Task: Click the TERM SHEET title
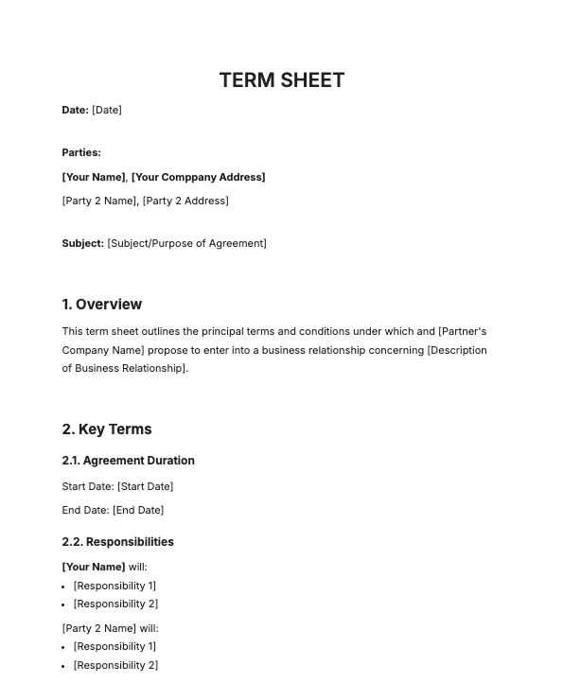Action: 281,80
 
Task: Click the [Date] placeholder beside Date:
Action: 107,111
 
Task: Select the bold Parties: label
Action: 81,152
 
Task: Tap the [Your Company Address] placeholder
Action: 198,177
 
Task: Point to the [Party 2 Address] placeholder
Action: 185,201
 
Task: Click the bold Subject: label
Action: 82,243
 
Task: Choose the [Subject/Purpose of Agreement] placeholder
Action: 187,243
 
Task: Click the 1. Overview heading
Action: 101,305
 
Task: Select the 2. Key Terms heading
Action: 106,429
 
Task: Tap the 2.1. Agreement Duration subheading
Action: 128,461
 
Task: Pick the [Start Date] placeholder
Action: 145,486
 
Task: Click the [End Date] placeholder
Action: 138,510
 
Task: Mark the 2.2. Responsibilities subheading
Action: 117,542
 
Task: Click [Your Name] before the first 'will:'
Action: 93,567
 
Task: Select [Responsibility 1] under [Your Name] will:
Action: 115,586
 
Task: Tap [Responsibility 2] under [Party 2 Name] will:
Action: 115,665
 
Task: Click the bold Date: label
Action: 75,111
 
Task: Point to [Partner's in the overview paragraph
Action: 462,332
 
